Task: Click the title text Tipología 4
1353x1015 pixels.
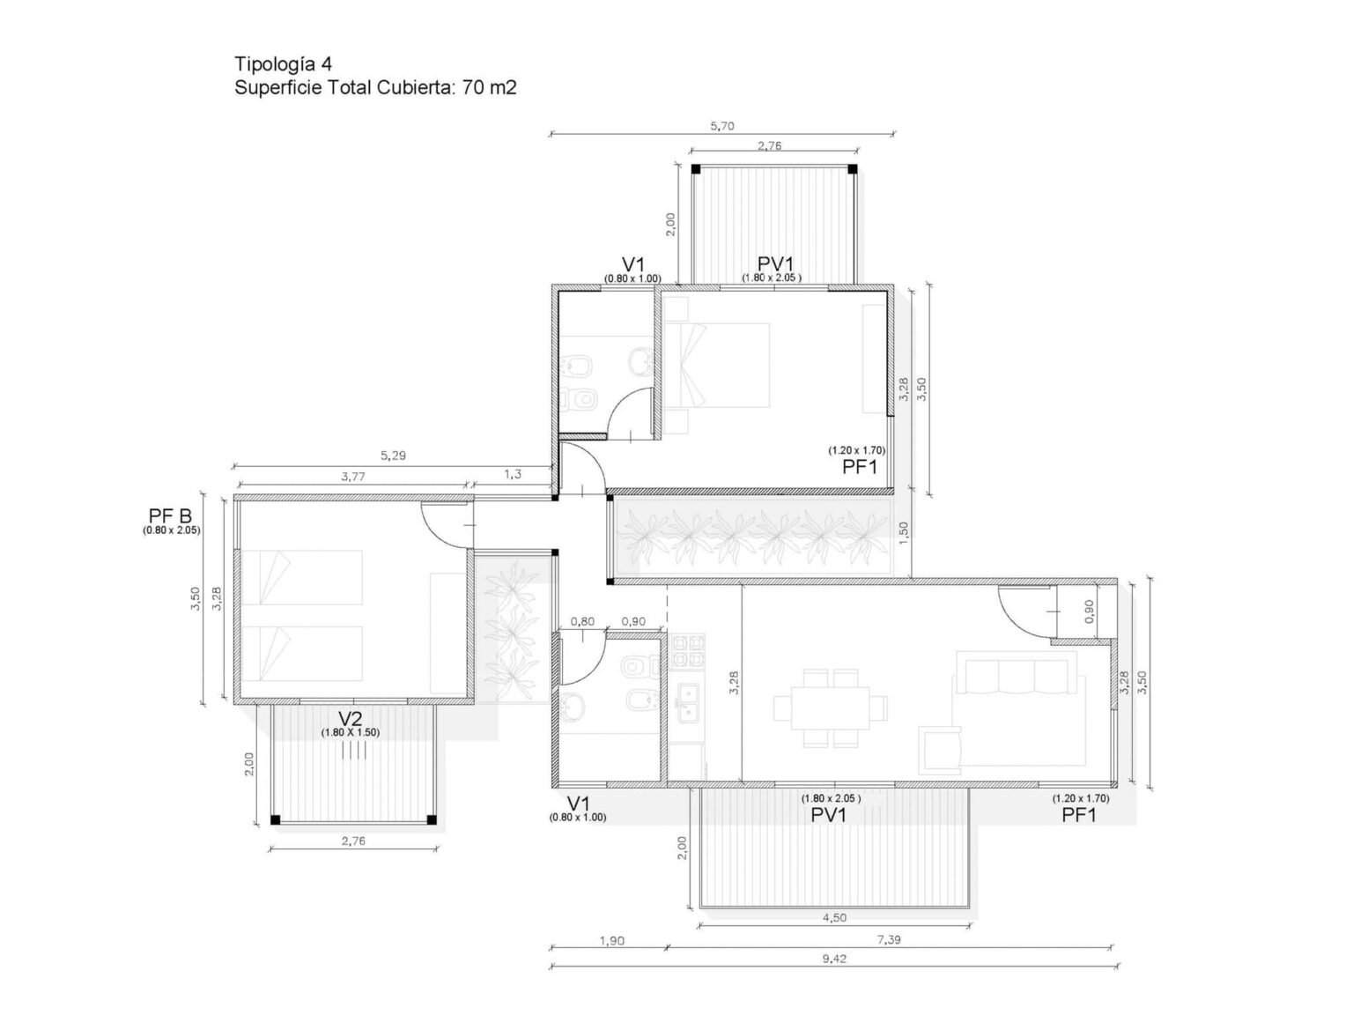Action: pyautogui.click(x=283, y=63)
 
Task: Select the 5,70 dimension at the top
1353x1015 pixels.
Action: pyautogui.click(x=721, y=126)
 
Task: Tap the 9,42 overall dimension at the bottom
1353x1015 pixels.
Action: pyautogui.click(x=833, y=959)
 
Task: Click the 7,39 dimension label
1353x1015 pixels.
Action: pyautogui.click(x=889, y=940)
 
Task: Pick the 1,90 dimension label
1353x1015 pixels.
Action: pyautogui.click(x=611, y=940)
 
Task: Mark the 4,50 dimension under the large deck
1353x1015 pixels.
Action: pyautogui.click(x=833, y=917)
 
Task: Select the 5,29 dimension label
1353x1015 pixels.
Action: pyautogui.click(x=394, y=456)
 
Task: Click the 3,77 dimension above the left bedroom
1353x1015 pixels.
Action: pyautogui.click(x=354, y=476)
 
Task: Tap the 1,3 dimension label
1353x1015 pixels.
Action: pyautogui.click(x=512, y=474)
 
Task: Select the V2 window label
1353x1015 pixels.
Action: pyautogui.click(x=351, y=718)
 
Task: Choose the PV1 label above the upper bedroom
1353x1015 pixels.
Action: pyautogui.click(x=775, y=263)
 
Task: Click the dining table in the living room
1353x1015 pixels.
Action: pyautogui.click(x=830, y=708)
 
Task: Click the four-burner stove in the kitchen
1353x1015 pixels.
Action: pyautogui.click(x=686, y=651)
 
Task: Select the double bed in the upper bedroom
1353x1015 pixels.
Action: pyautogui.click(x=717, y=365)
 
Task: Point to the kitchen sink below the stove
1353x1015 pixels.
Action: pyautogui.click(x=686, y=700)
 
